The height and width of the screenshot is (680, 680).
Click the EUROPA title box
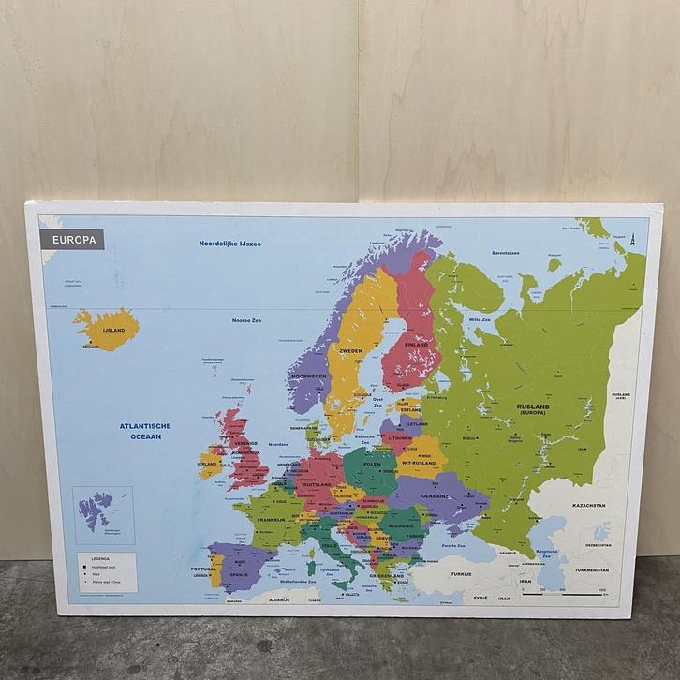coord(73,240)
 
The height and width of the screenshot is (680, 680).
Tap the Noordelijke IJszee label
coord(229,244)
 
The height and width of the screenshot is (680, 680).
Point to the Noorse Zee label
coord(246,320)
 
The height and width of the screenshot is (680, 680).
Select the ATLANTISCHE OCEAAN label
coord(145,431)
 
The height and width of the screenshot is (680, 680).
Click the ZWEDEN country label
coord(350,351)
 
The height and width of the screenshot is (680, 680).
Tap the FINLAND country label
coord(415,345)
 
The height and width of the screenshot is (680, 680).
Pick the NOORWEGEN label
coord(308,376)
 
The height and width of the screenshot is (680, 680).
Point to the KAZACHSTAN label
coord(588,505)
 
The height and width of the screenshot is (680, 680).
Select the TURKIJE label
coord(461,573)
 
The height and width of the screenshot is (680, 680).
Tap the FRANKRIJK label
coord(271,520)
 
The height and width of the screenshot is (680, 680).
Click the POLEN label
coord(373,465)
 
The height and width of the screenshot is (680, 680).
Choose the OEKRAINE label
coord(435,495)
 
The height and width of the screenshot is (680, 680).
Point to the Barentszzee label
coord(505,252)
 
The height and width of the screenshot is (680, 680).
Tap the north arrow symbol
coord(633,238)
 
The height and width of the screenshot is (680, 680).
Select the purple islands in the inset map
coord(96,510)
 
